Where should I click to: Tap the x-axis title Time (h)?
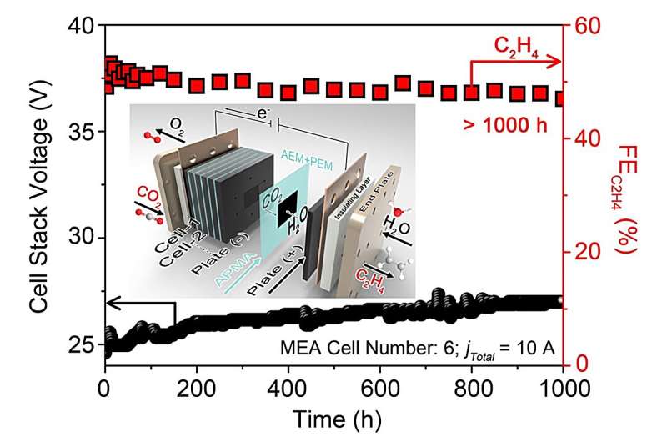tap(333, 421)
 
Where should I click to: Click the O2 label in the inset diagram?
tap(177, 124)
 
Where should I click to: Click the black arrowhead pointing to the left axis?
tap(110, 303)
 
